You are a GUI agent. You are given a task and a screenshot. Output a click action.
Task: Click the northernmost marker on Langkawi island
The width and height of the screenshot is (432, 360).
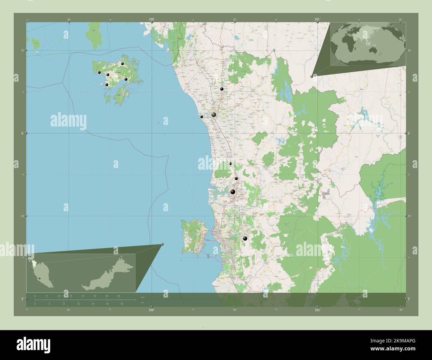click(x=122, y=64)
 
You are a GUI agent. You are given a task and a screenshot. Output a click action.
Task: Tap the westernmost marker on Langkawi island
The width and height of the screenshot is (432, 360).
click(x=99, y=72)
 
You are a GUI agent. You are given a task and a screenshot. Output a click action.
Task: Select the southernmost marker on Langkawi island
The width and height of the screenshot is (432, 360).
click(x=107, y=85)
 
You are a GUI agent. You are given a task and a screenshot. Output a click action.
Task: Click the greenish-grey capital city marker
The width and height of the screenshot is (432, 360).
click(x=214, y=115)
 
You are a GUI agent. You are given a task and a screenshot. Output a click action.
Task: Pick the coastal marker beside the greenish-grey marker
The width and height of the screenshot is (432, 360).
click(x=201, y=117)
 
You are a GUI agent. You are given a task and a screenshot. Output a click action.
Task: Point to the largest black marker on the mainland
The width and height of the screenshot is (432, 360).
click(x=233, y=192)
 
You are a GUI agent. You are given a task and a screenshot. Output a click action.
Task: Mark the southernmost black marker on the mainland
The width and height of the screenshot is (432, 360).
click(x=245, y=238)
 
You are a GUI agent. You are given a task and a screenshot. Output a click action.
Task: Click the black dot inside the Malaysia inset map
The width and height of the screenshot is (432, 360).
click(x=39, y=278)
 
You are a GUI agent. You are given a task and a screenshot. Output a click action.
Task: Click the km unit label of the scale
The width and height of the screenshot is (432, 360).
click(x=143, y=297)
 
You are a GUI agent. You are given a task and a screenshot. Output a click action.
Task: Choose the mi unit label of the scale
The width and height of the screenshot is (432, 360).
click(x=143, y=303)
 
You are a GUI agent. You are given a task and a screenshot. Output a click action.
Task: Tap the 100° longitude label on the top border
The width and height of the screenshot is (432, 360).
click(x=152, y=20)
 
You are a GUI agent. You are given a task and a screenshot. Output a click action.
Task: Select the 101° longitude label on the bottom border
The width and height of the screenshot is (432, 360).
click(x=317, y=310)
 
